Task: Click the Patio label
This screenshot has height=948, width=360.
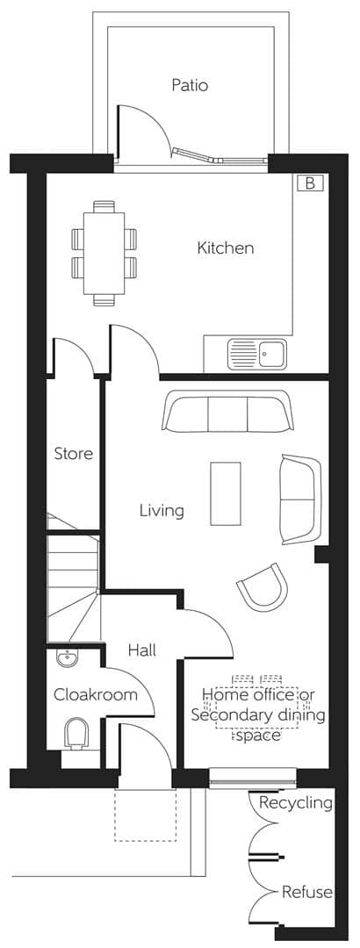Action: coord(189,85)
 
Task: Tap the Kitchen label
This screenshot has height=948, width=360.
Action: coord(225,248)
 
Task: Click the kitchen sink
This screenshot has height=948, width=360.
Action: coord(256,355)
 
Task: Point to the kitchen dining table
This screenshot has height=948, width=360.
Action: coord(104,252)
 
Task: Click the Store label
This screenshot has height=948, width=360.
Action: coord(74,454)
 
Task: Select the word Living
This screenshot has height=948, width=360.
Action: coord(162,510)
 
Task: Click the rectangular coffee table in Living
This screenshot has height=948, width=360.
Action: coord(226,493)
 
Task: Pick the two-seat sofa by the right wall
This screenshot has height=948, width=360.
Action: coord(299,499)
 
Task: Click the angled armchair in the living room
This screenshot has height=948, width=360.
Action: coord(263,587)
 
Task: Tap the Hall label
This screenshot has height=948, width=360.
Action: coord(141,650)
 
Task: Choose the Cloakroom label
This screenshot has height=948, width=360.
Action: coord(96,694)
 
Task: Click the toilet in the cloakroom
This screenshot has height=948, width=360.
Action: coord(77,732)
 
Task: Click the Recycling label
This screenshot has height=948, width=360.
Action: coord(295,802)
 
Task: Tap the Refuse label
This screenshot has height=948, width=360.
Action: coord(306,892)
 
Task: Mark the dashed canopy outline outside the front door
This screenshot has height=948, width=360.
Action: coord(145,815)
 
